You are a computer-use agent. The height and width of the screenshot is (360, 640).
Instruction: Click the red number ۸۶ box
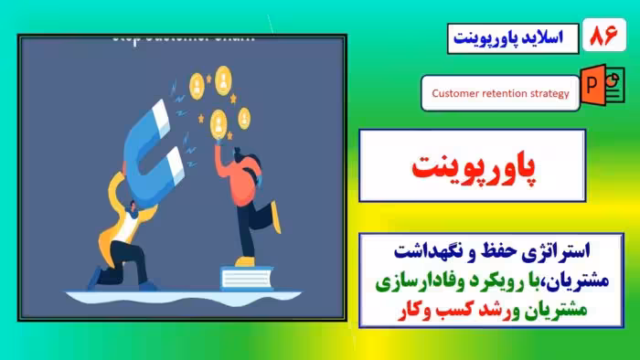point(604,37)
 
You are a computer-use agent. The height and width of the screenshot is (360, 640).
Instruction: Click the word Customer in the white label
point(454,93)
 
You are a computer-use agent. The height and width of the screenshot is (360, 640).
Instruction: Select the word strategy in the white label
point(545,93)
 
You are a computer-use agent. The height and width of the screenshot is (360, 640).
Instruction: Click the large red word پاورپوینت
point(472,168)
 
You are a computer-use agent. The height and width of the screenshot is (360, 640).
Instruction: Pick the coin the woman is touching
point(218,120)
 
